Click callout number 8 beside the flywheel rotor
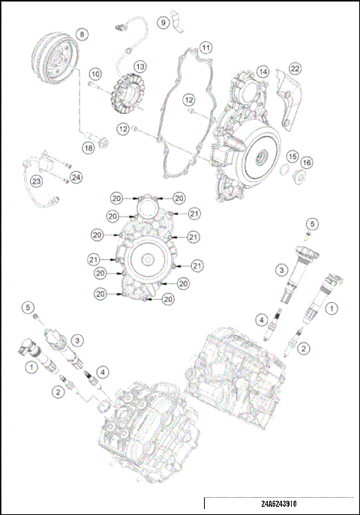81,33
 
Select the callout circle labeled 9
163,23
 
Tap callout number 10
95,73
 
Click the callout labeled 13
139,67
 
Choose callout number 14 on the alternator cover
262,71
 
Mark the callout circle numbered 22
295,69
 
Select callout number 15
292,156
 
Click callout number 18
88,148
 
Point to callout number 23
35,181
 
